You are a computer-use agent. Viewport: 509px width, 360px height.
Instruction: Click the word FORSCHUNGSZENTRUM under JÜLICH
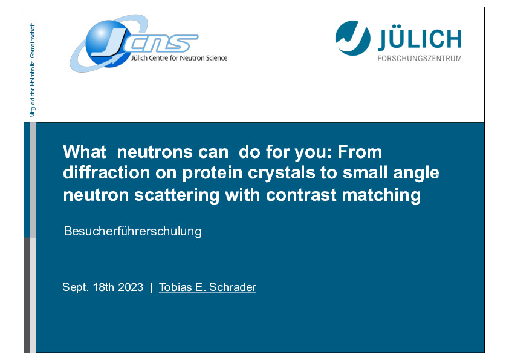point(420,59)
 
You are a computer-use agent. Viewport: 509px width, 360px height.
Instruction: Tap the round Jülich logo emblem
point(352,38)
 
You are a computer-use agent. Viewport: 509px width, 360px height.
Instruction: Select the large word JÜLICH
point(420,38)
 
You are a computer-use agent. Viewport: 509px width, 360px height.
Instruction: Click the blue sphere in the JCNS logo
point(106,42)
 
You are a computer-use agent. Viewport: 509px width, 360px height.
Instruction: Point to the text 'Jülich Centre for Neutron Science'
point(179,58)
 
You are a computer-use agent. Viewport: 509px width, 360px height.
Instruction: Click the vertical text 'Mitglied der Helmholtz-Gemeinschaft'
point(32,70)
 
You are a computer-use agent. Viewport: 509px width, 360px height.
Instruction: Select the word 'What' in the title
point(85,152)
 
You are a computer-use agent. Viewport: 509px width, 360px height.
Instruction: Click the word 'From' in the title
point(360,152)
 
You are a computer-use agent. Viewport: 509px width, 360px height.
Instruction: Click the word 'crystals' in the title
point(282,173)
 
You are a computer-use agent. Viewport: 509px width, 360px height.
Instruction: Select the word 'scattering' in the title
point(177,195)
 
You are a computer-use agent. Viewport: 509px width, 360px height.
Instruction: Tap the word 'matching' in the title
point(381,195)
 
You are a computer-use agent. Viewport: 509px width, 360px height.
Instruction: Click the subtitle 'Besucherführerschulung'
point(133,231)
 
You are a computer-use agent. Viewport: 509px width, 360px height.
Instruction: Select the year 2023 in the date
point(131,287)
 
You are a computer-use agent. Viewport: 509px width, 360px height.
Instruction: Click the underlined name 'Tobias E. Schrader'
point(207,287)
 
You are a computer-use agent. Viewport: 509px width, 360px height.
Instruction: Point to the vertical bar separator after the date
point(151,287)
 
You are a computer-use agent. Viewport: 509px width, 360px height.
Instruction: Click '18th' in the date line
point(103,287)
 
